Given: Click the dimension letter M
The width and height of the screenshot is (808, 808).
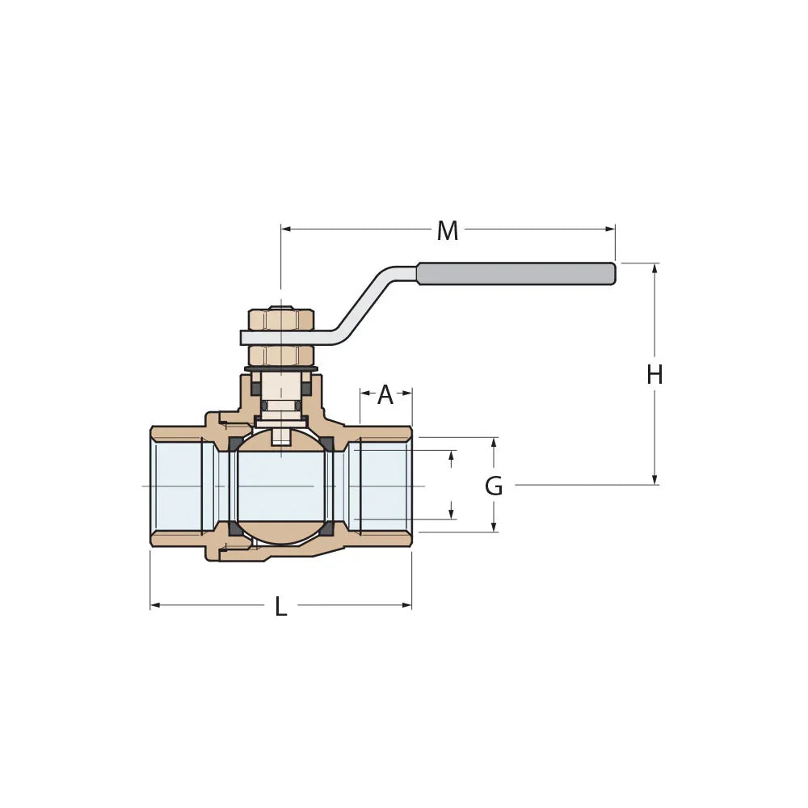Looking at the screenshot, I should pyautogui.click(x=447, y=231).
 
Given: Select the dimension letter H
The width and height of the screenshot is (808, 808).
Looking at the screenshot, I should pyautogui.click(x=654, y=375).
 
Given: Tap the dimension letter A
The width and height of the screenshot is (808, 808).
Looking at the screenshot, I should pyautogui.click(x=385, y=395).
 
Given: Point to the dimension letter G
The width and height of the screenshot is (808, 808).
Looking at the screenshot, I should pyautogui.click(x=494, y=486).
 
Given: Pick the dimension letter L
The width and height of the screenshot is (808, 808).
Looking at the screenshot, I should pyautogui.click(x=280, y=607).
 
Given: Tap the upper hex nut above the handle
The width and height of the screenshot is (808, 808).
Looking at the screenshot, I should pyautogui.click(x=280, y=318).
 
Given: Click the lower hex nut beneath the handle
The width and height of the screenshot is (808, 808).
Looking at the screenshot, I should pyautogui.click(x=280, y=355).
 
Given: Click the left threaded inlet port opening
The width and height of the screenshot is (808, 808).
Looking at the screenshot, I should pyautogui.click(x=177, y=486).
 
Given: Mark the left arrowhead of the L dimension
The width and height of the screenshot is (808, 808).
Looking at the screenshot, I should pyautogui.click(x=154, y=605).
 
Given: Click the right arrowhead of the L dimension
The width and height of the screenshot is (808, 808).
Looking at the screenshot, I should pyautogui.click(x=408, y=605).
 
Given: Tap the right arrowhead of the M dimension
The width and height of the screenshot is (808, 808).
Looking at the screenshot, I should pyautogui.click(x=611, y=229).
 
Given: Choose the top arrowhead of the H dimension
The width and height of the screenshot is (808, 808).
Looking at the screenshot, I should pyautogui.click(x=654, y=267).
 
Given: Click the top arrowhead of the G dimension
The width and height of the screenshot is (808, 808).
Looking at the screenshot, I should pyautogui.click(x=494, y=442).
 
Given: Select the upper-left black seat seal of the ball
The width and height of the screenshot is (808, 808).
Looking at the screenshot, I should pyautogui.click(x=235, y=444).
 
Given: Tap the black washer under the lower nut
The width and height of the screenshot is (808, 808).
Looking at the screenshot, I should pyautogui.click(x=280, y=369).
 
